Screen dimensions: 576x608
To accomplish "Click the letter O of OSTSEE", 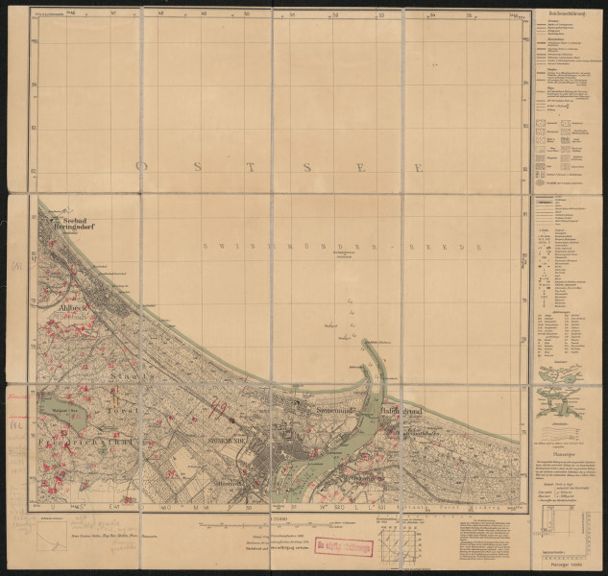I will tap(141, 166).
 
